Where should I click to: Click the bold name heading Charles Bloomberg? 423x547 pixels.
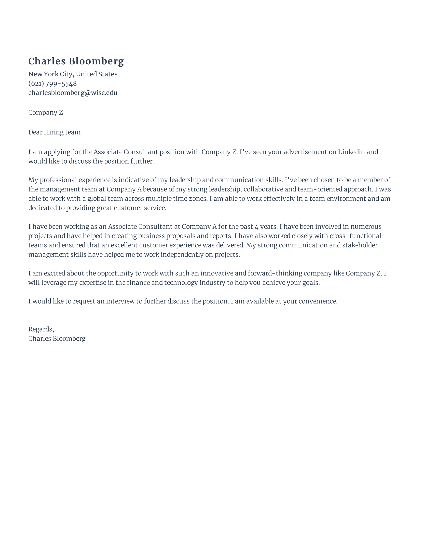(76, 61)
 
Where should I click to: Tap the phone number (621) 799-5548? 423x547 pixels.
(52, 83)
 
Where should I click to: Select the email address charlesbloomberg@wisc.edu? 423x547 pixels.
(73, 93)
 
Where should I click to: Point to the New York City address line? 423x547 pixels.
(73, 74)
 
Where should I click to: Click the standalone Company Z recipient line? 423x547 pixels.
(45, 113)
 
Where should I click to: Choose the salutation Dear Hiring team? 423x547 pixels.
(54, 132)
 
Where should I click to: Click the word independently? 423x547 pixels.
(186, 255)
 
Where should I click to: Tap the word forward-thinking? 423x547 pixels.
(275, 273)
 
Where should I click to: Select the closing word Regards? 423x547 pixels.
(41, 329)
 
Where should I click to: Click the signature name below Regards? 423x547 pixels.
(57, 339)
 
